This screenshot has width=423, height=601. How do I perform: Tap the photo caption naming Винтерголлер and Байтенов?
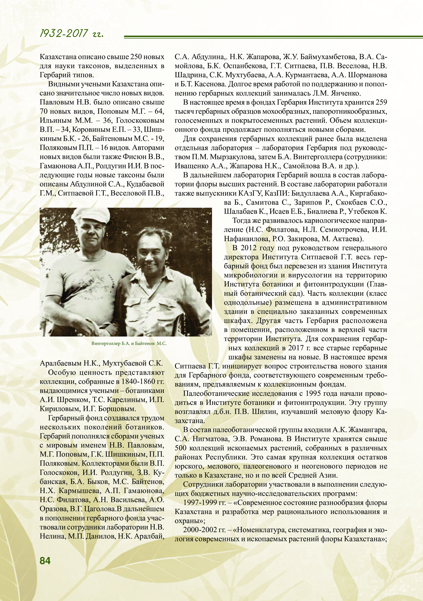coord(129,343)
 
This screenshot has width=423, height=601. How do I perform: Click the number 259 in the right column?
coord(381,102)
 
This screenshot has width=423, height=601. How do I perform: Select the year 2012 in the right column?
coord(250,248)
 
